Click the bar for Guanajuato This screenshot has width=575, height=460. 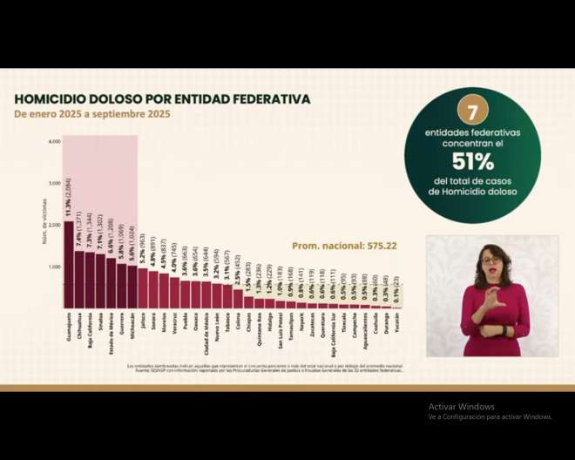[69, 265]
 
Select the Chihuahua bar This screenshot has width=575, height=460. [79, 280]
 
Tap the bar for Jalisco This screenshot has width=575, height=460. [143, 288]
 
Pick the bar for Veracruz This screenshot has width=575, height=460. [174, 293]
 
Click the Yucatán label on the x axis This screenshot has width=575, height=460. [397, 325]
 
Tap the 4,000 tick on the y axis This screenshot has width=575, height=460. [54, 141]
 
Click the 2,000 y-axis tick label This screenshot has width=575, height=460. [54, 225]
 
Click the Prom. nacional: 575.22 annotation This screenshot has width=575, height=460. [344, 246]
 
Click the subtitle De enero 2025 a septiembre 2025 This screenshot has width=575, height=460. [91, 114]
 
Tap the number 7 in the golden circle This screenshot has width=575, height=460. [472, 111]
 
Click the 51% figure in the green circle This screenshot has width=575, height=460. [472, 161]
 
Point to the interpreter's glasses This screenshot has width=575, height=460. [491, 260]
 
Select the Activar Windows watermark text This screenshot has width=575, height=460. [461, 406]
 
